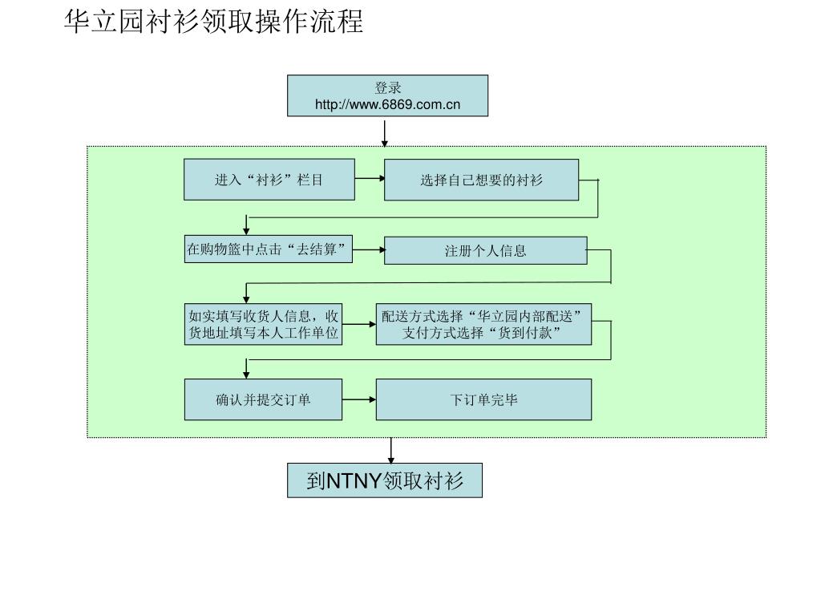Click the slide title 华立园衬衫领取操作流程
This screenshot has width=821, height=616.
coord(213,22)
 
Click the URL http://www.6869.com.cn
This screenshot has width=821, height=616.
coord(387,104)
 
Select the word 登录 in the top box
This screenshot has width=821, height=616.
coord(387,88)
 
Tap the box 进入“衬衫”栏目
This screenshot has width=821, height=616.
coord(269,180)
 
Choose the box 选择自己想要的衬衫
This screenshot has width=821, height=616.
coord(481,180)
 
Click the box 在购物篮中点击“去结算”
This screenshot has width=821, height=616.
coord(269,250)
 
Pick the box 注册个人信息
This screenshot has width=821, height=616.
coord(485,250)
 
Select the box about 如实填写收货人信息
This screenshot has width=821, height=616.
coord(264,324)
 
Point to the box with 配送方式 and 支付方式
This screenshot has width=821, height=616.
coord(483,324)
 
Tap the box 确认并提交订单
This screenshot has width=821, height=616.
coord(263,399)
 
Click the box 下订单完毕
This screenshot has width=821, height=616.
coord(483,399)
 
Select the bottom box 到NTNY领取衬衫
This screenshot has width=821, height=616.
coord(385,481)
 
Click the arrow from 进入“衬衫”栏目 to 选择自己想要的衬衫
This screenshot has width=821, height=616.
coord(369,179)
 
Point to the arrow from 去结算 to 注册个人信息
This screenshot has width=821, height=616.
coord(369,249)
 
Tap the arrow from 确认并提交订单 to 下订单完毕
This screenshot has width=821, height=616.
coord(359,399)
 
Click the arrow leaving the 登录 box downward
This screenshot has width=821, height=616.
coord(385,132)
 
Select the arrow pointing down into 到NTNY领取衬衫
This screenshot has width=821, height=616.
coord(391,450)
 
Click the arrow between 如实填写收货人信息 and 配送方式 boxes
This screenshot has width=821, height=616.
coord(359,324)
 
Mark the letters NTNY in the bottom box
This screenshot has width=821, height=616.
coord(354,481)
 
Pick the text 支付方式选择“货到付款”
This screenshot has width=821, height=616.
coord(483,332)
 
